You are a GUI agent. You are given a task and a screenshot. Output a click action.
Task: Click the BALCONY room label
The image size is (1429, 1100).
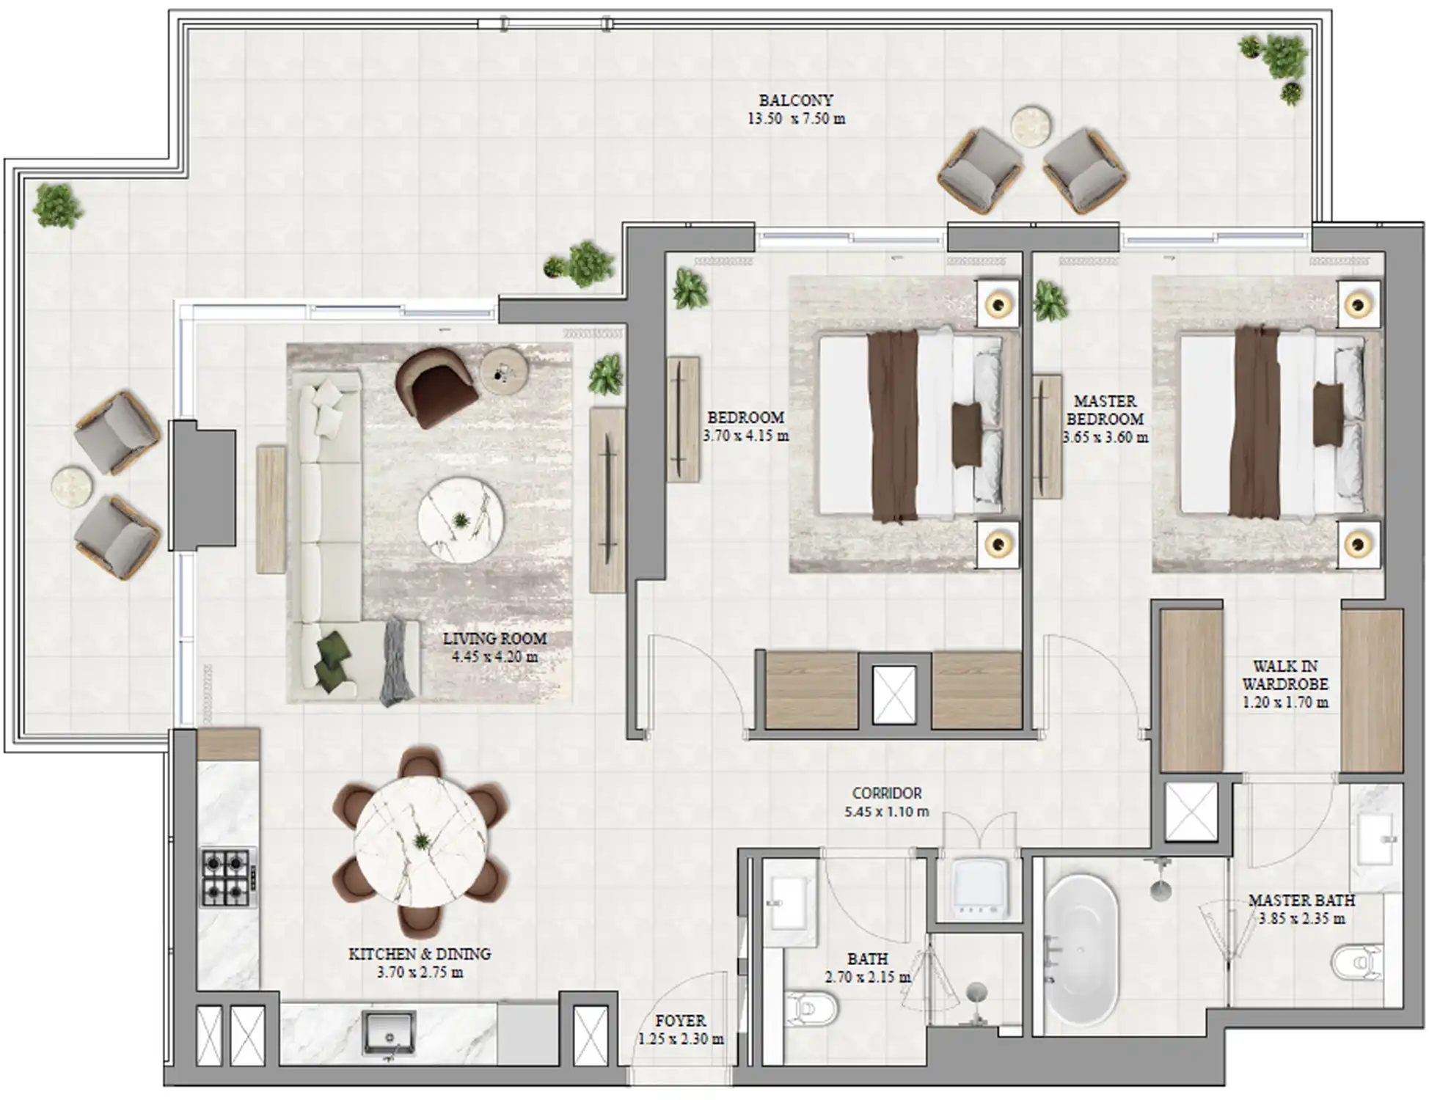point(796,100)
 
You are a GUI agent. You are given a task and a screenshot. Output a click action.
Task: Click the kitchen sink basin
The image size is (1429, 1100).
point(389,1033)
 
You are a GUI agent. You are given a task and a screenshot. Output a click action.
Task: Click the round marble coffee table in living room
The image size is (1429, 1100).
point(461,520)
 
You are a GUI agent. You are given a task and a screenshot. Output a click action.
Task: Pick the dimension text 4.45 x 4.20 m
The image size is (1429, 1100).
point(494,657)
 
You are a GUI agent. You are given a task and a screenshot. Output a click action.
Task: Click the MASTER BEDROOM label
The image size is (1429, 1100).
point(1105,410)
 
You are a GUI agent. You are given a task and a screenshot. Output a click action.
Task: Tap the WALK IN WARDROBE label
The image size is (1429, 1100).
point(1284,675)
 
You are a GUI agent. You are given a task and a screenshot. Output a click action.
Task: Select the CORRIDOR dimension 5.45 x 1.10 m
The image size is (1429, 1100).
point(886,813)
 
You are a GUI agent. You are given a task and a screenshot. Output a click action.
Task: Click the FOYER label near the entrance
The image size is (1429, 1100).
point(681,1020)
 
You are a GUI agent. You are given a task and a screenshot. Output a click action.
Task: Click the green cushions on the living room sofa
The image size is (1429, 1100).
point(332,658)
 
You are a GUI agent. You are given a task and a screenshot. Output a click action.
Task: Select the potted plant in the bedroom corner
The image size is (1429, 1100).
point(690,289)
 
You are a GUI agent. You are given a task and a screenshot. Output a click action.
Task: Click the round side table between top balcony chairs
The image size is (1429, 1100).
point(1031,124)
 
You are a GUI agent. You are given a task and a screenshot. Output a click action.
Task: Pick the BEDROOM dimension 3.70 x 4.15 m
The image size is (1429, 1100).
point(745,436)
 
